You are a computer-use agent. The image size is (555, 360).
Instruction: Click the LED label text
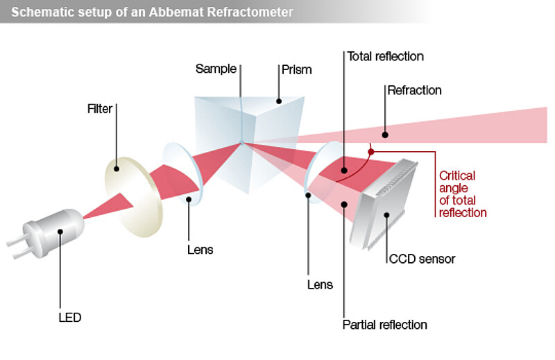(x=69, y=318)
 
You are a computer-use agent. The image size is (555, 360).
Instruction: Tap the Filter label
(x=100, y=109)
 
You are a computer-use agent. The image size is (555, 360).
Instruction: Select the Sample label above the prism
(x=216, y=69)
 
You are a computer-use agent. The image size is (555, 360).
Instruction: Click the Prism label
(x=296, y=69)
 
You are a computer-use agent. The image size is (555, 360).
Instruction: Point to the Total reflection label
(x=385, y=55)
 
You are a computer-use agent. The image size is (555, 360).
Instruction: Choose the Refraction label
(x=414, y=90)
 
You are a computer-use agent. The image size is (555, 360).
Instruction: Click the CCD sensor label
(x=422, y=259)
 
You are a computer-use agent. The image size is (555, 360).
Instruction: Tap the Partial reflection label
(x=385, y=324)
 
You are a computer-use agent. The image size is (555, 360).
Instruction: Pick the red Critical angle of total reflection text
(x=463, y=194)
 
